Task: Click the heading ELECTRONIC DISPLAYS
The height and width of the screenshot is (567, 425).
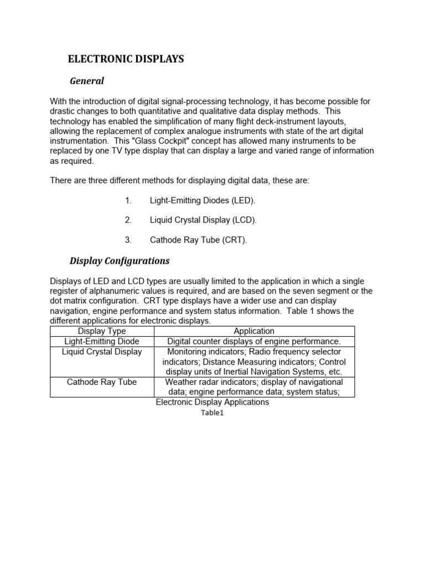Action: coord(126,59)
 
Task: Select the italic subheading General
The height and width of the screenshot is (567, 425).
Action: coord(87,81)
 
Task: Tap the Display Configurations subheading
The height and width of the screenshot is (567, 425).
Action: coord(120,261)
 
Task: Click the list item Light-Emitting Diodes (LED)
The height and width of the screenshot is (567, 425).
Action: coord(203,200)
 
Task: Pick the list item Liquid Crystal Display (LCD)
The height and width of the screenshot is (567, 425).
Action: coord(203,220)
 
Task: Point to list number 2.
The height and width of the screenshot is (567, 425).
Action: coord(128,220)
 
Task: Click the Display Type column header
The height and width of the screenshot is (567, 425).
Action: coord(102,331)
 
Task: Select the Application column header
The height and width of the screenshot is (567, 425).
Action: coord(254,331)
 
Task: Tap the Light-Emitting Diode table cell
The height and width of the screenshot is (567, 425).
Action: coord(102,341)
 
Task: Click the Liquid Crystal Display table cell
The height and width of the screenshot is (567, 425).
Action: coord(102,352)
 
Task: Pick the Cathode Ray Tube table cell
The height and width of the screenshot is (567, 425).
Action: coord(102,382)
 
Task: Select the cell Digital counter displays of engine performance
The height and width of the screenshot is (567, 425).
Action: coord(254,341)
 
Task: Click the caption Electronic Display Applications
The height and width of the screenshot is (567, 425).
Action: coord(212,403)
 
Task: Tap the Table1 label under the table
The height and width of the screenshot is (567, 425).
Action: coord(213,413)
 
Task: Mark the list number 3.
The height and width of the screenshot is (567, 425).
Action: coord(128,240)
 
